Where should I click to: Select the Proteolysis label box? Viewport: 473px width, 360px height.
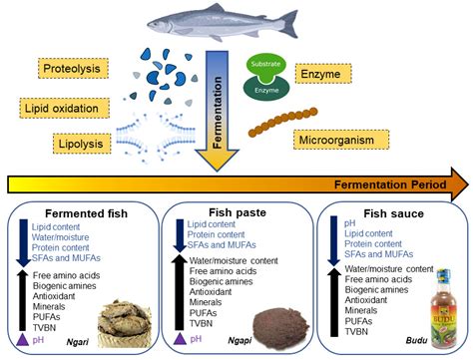click(x=74, y=68)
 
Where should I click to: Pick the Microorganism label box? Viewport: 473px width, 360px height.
click(x=342, y=139)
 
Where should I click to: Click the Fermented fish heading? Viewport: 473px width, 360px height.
click(x=76, y=212)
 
